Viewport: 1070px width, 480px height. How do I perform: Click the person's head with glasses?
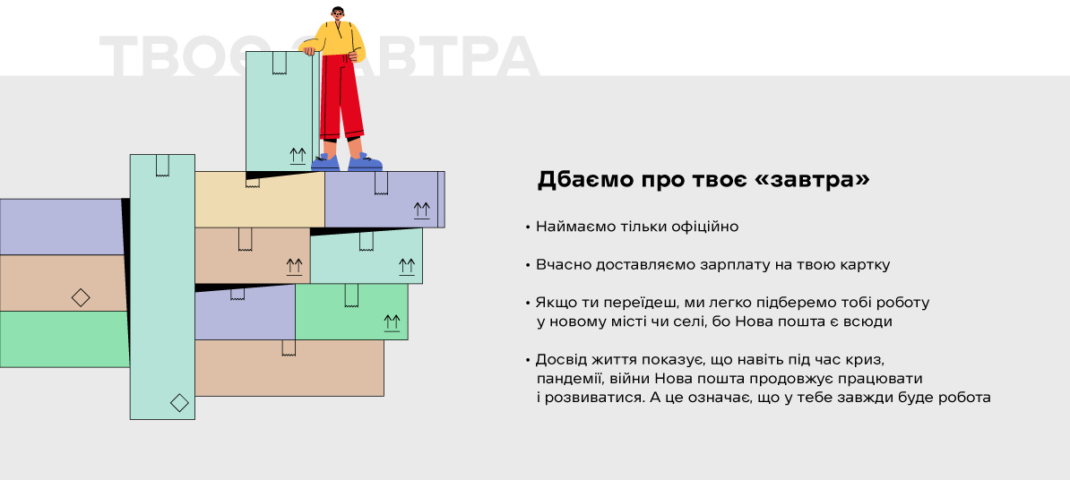click(x=338, y=14)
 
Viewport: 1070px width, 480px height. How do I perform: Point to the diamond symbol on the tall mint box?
click(x=179, y=402)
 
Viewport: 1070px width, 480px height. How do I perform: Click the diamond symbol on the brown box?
click(x=81, y=297)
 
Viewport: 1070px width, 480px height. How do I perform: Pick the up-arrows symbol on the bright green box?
click(x=392, y=322)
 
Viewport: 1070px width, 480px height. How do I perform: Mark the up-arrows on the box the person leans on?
click(x=298, y=156)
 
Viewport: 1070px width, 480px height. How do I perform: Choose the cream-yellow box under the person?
click(x=259, y=200)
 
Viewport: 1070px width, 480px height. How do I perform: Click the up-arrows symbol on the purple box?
click(x=422, y=210)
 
